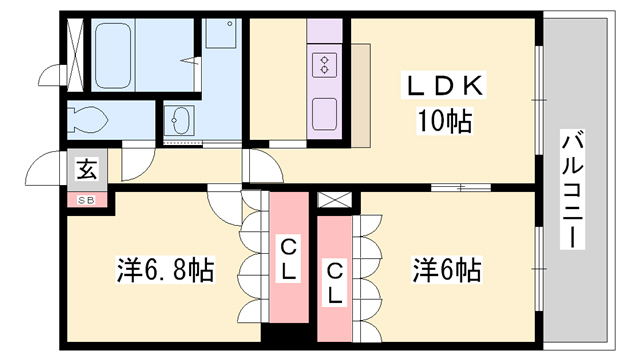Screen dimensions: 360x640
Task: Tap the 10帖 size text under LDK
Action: click(444, 122)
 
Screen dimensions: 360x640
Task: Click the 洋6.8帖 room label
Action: click(166, 270)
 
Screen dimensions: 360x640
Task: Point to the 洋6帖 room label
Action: click(446, 270)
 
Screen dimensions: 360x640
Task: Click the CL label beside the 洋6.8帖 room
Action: click(287, 259)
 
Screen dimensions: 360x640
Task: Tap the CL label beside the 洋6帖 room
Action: click(335, 282)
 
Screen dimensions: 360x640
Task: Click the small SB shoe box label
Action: click(85, 198)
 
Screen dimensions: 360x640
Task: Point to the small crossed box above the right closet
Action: click(332, 200)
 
